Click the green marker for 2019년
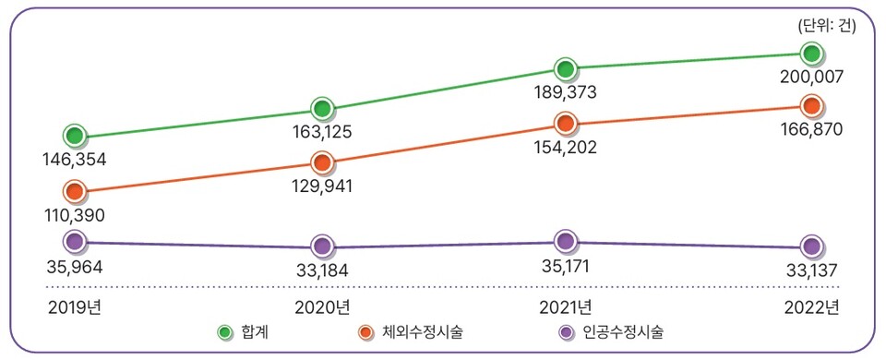[x=75, y=136]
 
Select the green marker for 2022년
[x=811, y=54]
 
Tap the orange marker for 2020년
[x=321, y=162]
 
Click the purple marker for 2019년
[x=75, y=242]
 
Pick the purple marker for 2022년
[x=811, y=246]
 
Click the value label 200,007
[x=810, y=78]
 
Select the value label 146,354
[x=75, y=160]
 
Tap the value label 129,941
[x=321, y=186]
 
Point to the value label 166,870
[x=810, y=130]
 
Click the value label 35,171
[x=566, y=267]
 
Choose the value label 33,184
[x=321, y=271]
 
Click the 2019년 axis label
[x=75, y=306]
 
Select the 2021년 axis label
[x=566, y=306]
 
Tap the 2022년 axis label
[x=810, y=306]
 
